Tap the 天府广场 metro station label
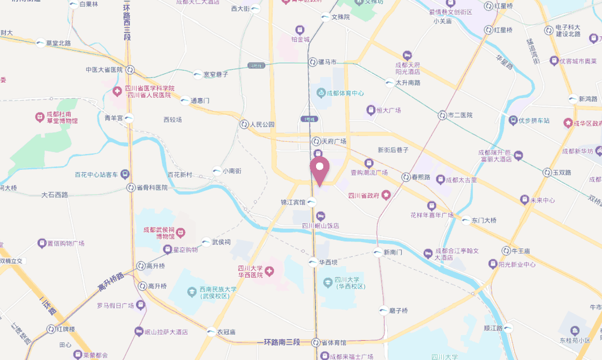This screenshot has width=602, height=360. pos(334,141)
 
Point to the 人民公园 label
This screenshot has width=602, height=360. pos(262,124)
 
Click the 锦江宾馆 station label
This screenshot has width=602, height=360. pos(293,202)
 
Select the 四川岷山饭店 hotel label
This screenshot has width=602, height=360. pos(320,226)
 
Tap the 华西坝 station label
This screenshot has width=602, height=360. pos(327,262)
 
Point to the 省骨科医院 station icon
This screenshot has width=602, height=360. pos(131,187)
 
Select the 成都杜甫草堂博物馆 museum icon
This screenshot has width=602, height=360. pos(40,114)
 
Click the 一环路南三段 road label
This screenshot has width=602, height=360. pos(282,342)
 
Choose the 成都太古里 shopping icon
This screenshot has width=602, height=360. pos(440,179)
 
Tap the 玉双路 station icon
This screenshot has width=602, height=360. pos(547,172)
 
